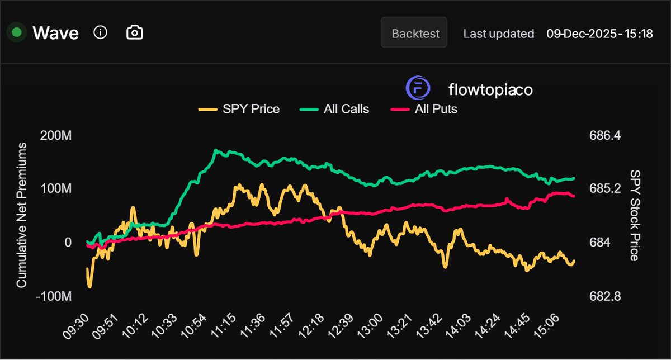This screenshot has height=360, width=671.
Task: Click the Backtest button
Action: pos(414,33)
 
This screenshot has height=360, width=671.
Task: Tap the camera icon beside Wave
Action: pos(134,32)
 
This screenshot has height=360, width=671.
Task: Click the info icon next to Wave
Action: pos(100,32)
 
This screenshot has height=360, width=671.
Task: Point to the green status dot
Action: pos(17,32)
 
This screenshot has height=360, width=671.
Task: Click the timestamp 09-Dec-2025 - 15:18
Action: pos(599,34)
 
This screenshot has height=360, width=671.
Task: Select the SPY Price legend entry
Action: pos(239,109)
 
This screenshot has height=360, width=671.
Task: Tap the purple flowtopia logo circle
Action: pos(417,89)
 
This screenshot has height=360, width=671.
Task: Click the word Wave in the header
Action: pos(55,33)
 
